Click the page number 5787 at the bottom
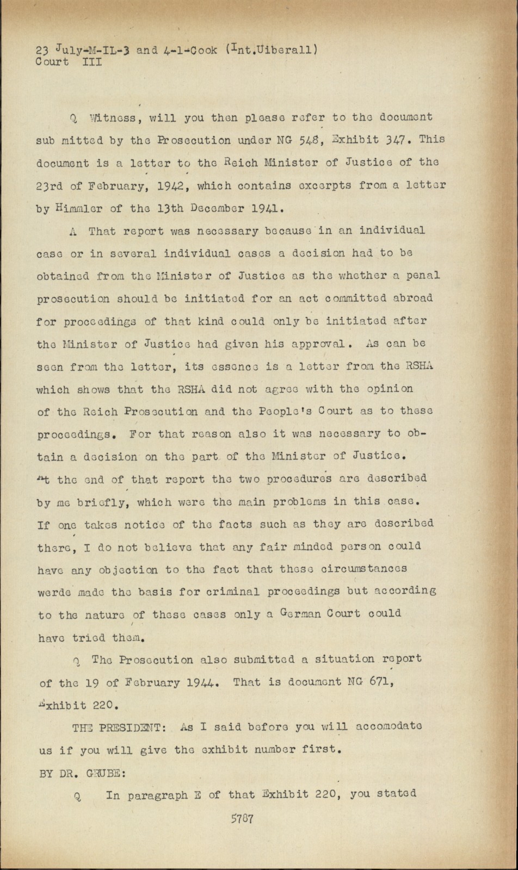tap(242, 818)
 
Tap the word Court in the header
tap(52, 61)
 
